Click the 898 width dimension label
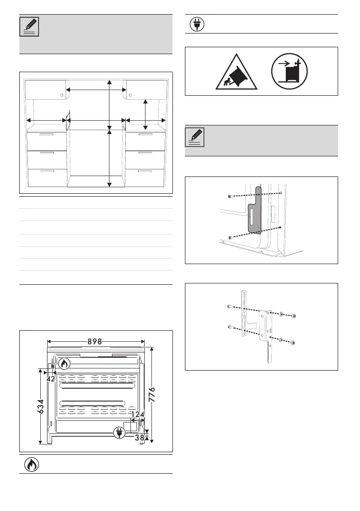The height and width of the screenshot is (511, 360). pyautogui.click(x=95, y=342)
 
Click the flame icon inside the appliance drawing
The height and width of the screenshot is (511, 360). pyautogui.click(x=64, y=364)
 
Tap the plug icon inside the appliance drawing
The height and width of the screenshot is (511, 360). pyautogui.click(x=119, y=433)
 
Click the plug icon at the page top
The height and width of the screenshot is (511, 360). pyautogui.click(x=197, y=24)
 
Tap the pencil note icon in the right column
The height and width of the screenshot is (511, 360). pyautogui.click(x=195, y=137)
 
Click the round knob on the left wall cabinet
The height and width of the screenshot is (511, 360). pyautogui.click(x=62, y=94)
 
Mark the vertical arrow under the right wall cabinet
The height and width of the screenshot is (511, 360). pyautogui.click(x=146, y=114)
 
